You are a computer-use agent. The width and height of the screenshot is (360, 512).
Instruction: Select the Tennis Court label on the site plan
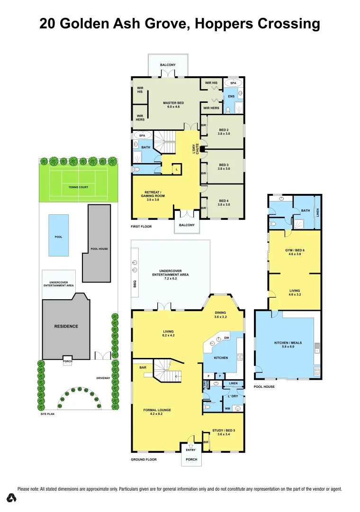(78, 187)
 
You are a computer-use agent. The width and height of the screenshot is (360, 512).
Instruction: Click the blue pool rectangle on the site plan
(58, 236)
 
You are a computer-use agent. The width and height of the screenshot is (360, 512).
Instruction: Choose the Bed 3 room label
(224, 167)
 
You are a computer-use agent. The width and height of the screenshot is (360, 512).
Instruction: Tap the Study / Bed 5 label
(224, 432)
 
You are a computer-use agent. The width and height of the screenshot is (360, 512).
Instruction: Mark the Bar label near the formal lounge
(143, 367)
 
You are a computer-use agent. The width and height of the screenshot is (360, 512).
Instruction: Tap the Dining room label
(220, 314)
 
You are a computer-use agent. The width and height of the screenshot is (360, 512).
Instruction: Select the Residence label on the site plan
(66, 326)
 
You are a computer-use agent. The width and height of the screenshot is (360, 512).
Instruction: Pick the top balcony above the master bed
(168, 65)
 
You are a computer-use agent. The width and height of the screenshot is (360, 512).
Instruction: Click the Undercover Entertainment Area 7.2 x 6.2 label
(171, 274)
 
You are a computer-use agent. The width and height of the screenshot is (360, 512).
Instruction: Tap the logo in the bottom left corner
(12, 498)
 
